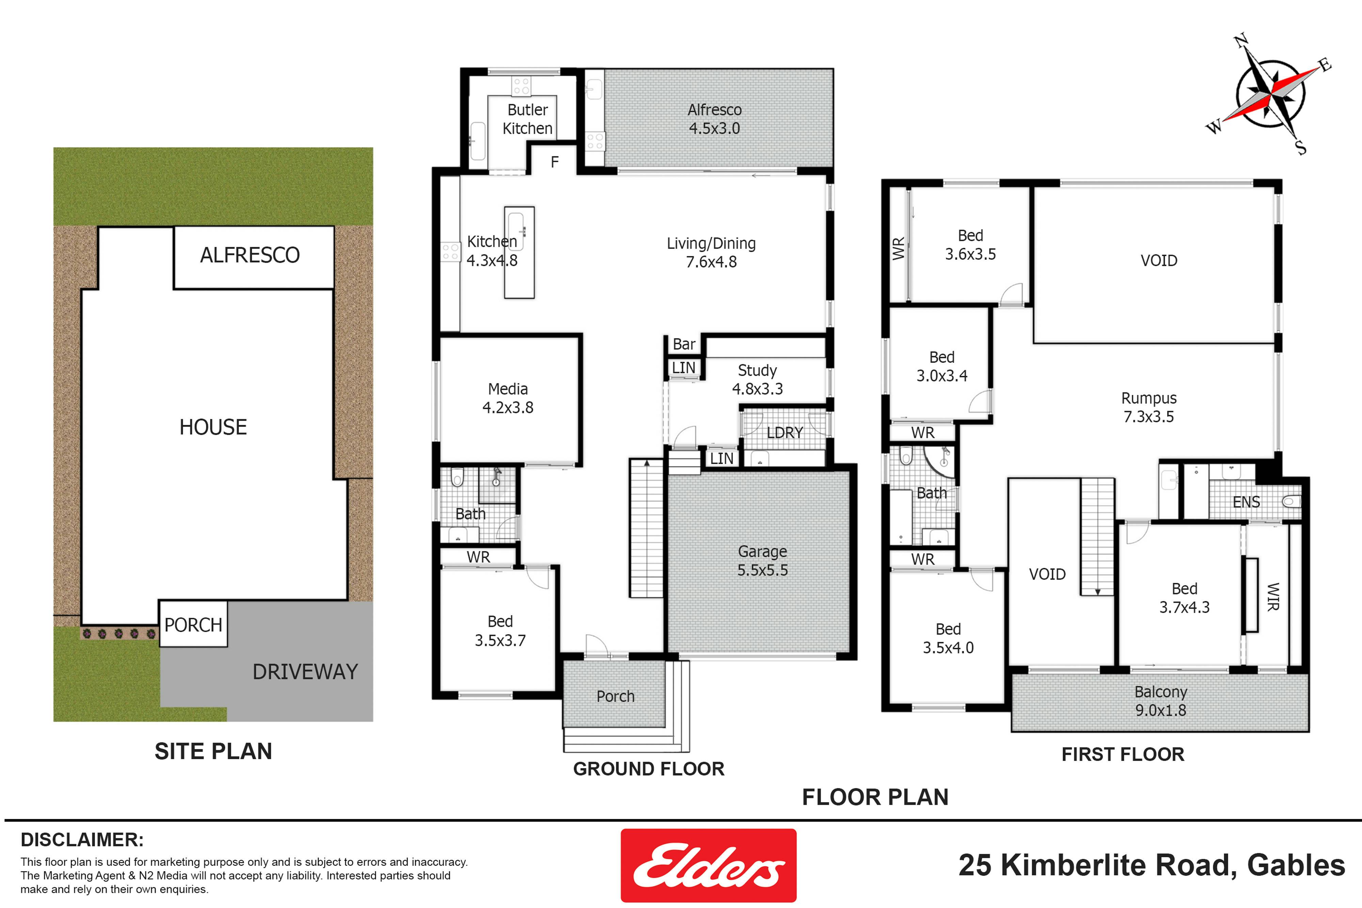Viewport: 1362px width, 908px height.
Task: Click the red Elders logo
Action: point(708,865)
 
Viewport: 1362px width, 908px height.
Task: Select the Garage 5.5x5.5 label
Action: point(762,560)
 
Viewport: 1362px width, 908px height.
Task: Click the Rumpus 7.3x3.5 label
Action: point(1149,407)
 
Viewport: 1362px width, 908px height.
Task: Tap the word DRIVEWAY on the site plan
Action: point(305,672)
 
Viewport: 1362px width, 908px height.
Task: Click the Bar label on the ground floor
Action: point(684,344)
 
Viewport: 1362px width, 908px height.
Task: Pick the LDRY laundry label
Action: point(785,433)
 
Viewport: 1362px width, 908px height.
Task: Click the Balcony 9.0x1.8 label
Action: point(1160,701)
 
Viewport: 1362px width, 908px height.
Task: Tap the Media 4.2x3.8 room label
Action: point(508,398)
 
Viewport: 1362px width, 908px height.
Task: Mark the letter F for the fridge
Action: point(555,162)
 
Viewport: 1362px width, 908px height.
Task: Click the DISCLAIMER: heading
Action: point(82,840)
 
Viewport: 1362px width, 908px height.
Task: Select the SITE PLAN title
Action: point(213,751)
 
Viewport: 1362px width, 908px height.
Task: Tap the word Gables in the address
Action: point(1296,865)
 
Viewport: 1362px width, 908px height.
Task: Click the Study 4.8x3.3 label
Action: point(757,379)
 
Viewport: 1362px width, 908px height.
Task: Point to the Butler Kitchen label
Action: point(527,119)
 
